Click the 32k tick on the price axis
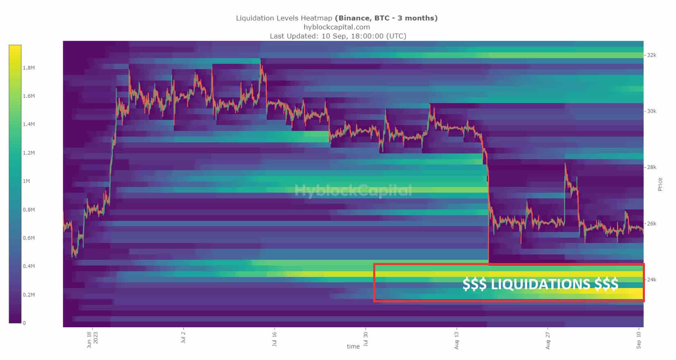pyautogui.click(x=651, y=55)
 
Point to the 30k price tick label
pyautogui.click(x=651, y=111)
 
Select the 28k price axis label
pyautogui.click(x=651, y=167)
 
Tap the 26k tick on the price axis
pyautogui.click(x=651, y=224)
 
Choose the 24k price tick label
pyautogui.click(x=651, y=280)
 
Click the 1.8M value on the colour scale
pyautogui.click(x=29, y=68)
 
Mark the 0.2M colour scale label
pyautogui.click(x=29, y=295)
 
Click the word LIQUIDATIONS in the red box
pyautogui.click(x=540, y=284)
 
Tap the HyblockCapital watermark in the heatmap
pyautogui.click(x=353, y=191)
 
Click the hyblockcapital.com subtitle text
pyautogui.click(x=337, y=27)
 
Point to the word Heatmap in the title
pyautogui.click(x=316, y=18)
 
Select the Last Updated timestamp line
pyautogui.click(x=338, y=36)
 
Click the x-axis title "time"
pyautogui.click(x=353, y=346)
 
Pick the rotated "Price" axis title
pyautogui.click(x=660, y=184)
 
